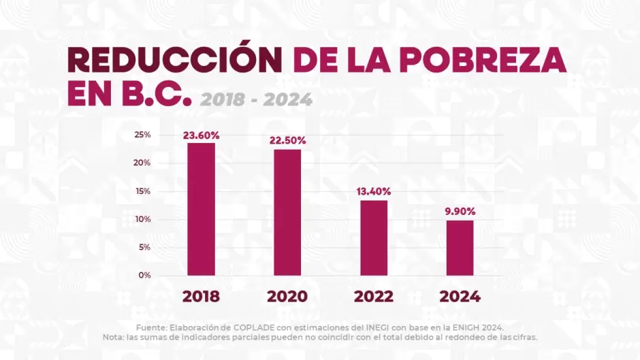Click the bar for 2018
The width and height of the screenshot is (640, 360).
tap(201, 209)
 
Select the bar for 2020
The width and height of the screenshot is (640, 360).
tap(287, 212)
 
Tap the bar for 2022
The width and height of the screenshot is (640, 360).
tap(374, 238)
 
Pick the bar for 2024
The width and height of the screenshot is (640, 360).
tap(460, 248)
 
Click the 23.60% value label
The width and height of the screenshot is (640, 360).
tap(201, 135)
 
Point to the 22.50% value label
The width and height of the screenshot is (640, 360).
tap(287, 140)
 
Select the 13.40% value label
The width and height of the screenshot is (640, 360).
tap(374, 191)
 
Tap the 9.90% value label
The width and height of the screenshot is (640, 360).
tap(460, 211)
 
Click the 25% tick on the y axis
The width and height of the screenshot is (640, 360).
tap(142, 135)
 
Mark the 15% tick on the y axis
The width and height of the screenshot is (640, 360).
tap(142, 191)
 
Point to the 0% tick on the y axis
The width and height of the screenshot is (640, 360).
tap(144, 275)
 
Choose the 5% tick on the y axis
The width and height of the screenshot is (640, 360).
tap(144, 247)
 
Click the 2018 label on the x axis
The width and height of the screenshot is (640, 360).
tap(201, 297)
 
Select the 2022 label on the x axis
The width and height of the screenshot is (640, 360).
tap(374, 297)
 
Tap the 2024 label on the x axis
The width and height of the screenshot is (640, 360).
tap(460, 297)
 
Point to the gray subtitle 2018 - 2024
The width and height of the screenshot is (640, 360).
tap(256, 100)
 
